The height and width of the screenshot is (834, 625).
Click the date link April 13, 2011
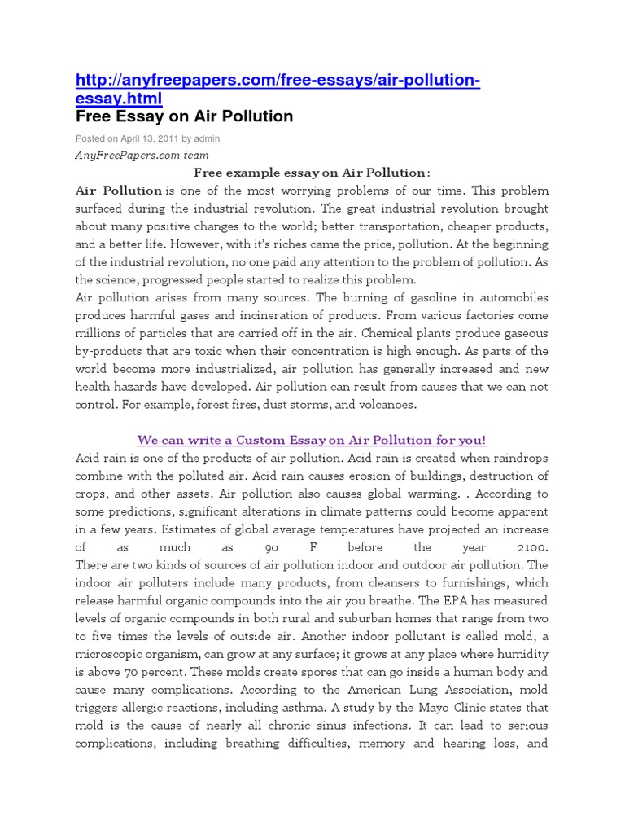point(150,139)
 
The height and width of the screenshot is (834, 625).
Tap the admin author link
point(207,139)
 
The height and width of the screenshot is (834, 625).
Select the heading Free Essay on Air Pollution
point(184,116)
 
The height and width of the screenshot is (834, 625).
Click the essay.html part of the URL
point(119,99)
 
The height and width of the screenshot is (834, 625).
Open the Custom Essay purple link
point(312,440)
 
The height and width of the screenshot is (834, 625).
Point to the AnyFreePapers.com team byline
point(142,155)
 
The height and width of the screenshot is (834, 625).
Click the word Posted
point(90,139)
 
